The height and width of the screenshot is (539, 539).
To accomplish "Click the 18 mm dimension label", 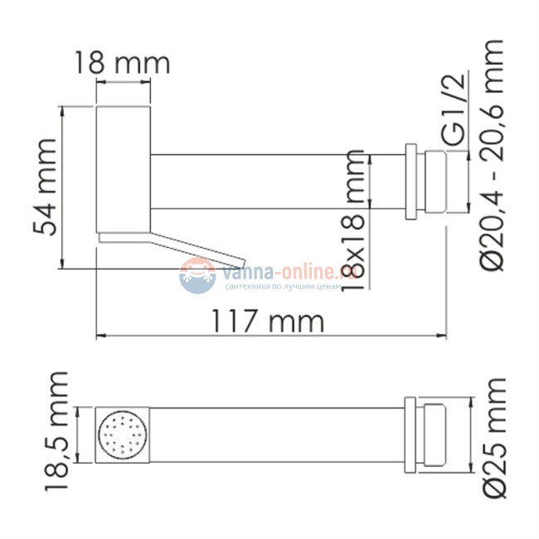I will coord(121,62).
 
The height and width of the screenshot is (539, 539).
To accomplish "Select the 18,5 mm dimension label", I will coord(56,432).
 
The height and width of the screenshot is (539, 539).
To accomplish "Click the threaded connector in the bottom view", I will coord(435,433).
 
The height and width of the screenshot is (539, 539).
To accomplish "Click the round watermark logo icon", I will coord(197,274).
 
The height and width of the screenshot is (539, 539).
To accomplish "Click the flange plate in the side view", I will coord(410,182).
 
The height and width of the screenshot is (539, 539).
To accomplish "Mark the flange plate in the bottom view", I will coord(410,433).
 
